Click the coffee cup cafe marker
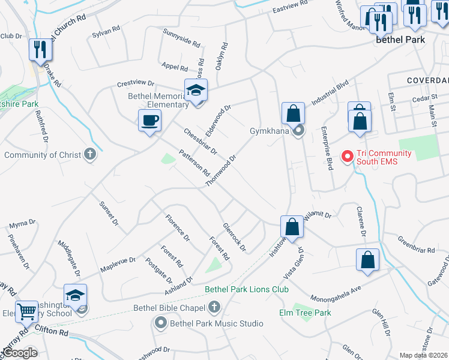149,120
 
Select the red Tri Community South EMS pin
347,157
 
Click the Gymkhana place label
270,130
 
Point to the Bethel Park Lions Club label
247,289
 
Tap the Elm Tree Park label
305,313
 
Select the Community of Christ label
43,155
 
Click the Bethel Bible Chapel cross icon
214,308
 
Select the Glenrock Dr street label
234,237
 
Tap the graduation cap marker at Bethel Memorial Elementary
195,91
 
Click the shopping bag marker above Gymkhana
292,113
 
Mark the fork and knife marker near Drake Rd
40,49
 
